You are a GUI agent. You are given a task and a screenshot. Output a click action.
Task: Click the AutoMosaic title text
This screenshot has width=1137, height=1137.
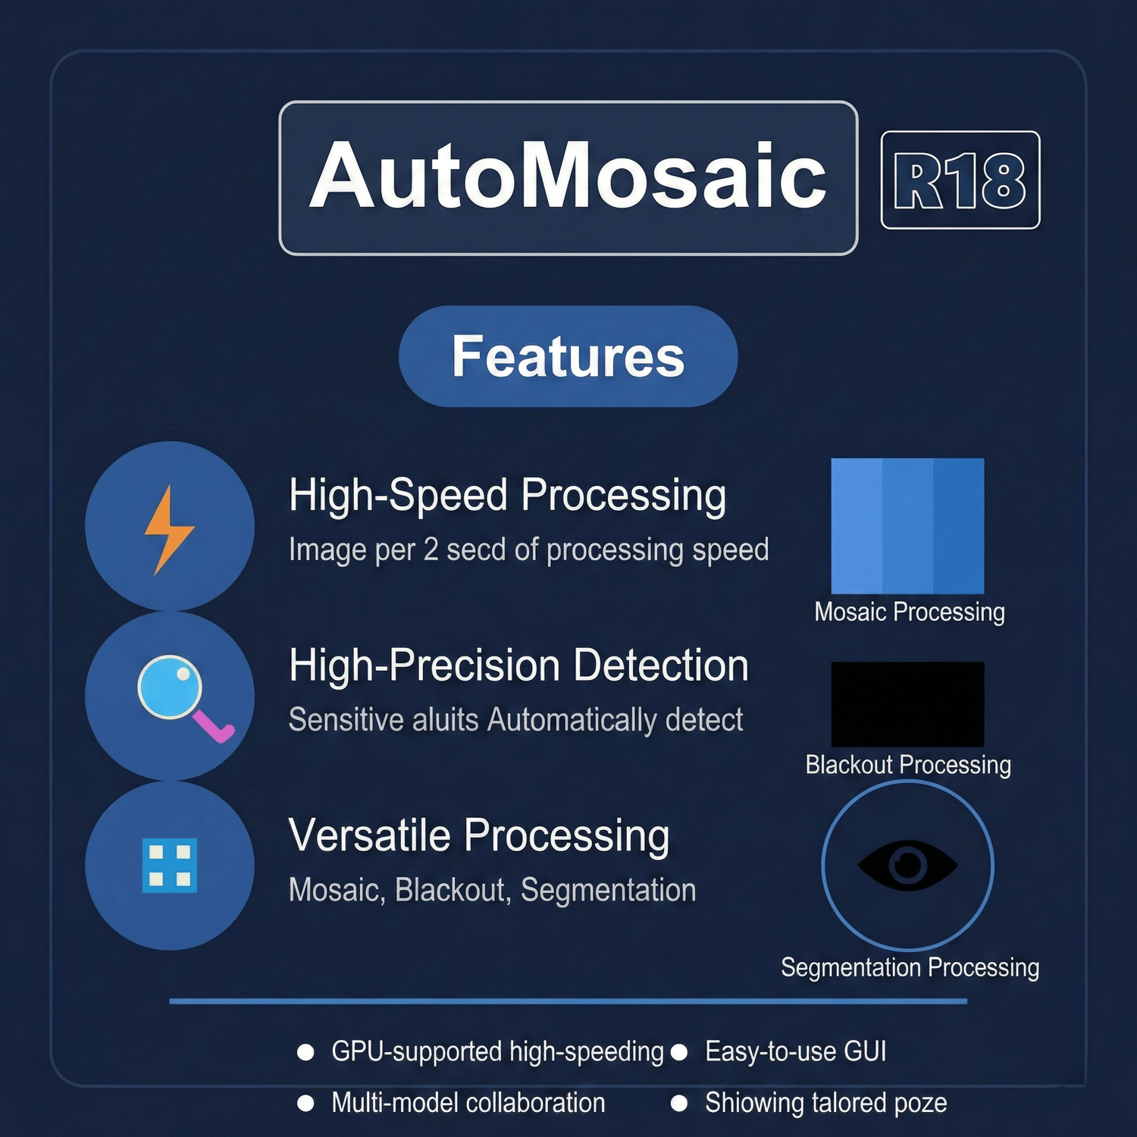tap(568, 176)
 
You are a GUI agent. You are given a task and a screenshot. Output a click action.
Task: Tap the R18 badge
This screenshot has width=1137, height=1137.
tap(960, 180)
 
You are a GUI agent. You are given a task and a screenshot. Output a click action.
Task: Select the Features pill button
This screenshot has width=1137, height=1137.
tap(568, 356)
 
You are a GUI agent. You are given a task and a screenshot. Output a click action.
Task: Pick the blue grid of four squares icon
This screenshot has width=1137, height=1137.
tap(170, 865)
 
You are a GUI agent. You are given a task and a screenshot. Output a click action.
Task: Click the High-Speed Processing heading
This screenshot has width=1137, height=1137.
tap(508, 495)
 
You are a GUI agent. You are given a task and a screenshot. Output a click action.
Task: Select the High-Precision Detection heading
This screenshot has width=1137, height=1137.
tap(518, 666)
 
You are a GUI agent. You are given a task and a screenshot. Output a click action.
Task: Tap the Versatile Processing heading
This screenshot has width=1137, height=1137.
tap(479, 835)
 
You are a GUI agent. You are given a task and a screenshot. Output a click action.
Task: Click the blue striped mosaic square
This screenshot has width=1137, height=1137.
tap(907, 526)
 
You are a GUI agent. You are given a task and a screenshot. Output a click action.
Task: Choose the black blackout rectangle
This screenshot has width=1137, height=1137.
tap(907, 704)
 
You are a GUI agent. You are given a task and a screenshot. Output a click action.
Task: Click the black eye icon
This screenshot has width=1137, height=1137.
tap(907, 865)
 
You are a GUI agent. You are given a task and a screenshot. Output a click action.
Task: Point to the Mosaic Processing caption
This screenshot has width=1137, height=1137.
tap(910, 612)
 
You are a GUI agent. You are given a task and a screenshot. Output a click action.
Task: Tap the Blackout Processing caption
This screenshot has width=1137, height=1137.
tap(908, 765)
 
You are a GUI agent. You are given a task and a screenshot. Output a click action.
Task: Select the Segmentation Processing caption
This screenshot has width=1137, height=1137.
tap(910, 967)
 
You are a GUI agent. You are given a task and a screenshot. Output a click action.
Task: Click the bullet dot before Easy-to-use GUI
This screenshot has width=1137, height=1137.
tap(679, 1052)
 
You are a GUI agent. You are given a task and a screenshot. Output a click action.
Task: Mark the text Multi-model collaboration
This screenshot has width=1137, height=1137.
tap(468, 1103)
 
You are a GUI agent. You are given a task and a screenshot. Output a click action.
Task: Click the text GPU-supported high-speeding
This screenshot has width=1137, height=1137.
tap(497, 1052)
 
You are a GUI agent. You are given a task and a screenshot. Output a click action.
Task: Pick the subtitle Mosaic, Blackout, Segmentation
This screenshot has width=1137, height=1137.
tap(492, 890)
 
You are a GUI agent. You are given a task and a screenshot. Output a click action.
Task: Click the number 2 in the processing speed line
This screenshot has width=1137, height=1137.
tap(431, 550)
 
